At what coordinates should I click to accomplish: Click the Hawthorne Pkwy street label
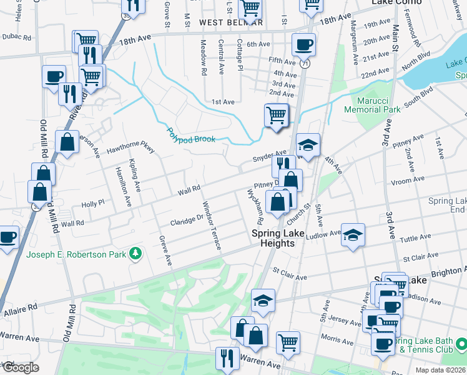click(130, 147)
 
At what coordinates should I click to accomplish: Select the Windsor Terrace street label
click(212, 225)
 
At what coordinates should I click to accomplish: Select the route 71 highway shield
click(305, 64)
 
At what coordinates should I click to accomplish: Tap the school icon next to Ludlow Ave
click(353, 235)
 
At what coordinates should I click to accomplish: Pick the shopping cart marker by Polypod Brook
click(276, 116)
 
